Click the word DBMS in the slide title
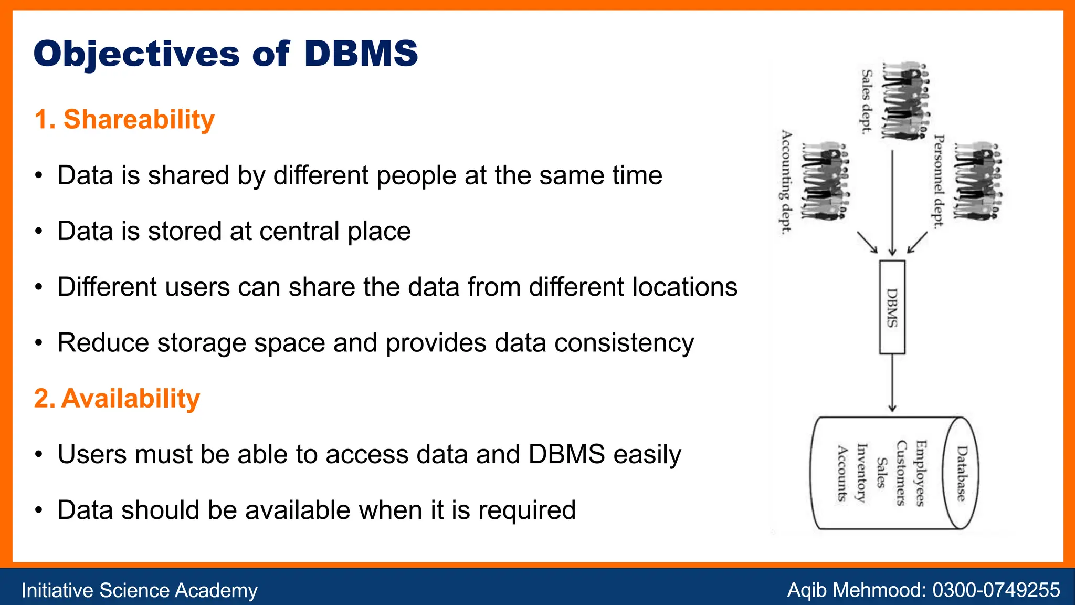361,54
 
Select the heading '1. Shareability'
124,119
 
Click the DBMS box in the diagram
892,307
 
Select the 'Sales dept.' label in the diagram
866,102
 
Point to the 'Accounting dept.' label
785,182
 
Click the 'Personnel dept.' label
939,182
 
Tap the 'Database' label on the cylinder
961,473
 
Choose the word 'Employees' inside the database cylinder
920,473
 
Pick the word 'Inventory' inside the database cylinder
861,473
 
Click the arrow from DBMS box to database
892,382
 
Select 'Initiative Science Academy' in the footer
139,590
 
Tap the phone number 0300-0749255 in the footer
996,590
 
